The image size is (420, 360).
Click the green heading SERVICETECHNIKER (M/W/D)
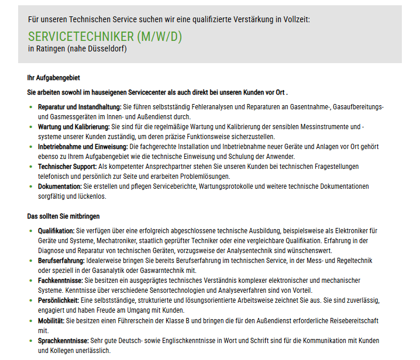click(105, 36)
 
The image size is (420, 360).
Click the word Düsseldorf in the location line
click(105, 49)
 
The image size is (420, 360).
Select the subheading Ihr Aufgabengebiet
click(54, 78)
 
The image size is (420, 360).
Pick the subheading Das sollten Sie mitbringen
click(63, 216)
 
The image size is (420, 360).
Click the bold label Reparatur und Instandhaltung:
click(80, 107)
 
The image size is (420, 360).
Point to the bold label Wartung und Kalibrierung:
click(74, 126)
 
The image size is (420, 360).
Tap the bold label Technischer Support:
click(67, 167)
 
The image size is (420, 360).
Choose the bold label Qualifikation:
click(57, 231)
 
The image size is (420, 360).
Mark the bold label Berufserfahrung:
click(61, 261)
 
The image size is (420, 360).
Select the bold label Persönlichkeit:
click(59, 300)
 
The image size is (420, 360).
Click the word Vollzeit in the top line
click(295, 19)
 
